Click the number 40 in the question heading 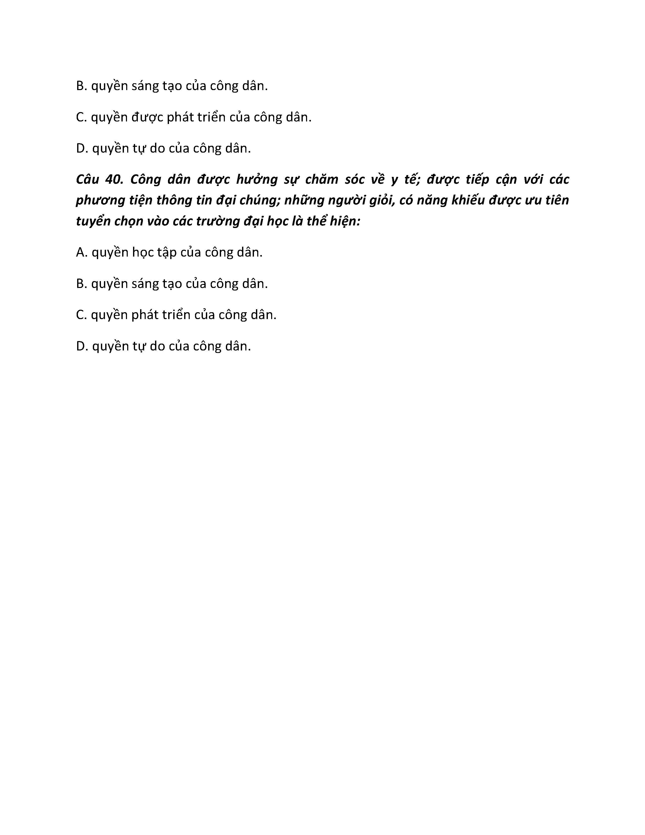point(114,179)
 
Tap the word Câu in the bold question point(88,179)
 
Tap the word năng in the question point(432,201)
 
